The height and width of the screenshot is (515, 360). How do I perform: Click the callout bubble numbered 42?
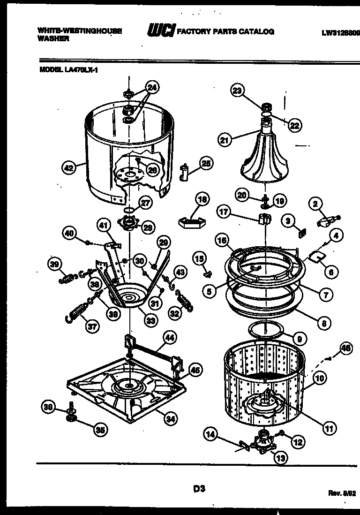[x=68, y=167]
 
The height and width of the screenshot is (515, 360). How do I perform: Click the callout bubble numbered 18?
[x=202, y=199]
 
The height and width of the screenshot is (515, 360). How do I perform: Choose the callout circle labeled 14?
[x=210, y=436]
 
